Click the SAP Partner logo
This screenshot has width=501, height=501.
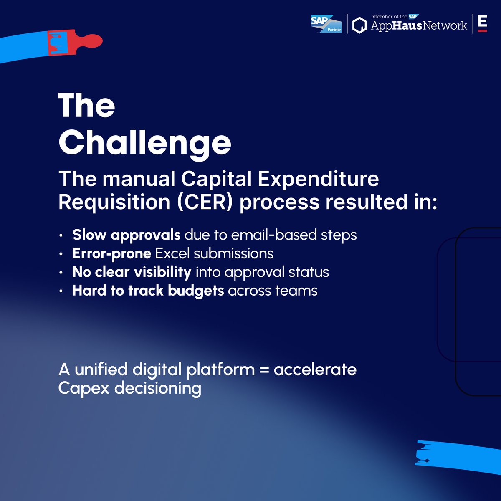[x=326, y=24]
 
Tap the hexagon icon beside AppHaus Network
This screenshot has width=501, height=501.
[x=359, y=25]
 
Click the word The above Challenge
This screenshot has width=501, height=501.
[x=86, y=106]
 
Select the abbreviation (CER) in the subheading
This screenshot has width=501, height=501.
[x=205, y=202]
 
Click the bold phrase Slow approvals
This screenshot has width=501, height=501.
[x=126, y=235]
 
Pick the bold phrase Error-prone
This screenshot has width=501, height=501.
[x=111, y=253]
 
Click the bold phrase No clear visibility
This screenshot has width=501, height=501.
[x=132, y=272]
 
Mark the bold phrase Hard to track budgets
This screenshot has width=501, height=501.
[x=148, y=291]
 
